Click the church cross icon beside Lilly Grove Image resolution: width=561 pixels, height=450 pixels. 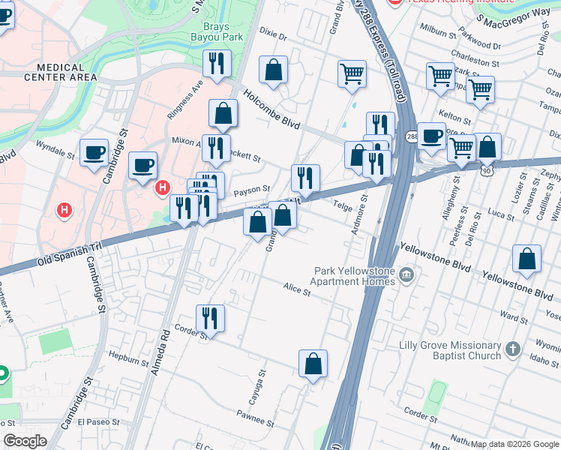click(x=512, y=349)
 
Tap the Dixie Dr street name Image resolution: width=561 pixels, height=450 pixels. click(x=273, y=35)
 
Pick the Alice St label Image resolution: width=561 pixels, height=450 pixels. click(x=297, y=289)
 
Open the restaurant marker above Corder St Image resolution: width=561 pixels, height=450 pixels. click(x=209, y=319)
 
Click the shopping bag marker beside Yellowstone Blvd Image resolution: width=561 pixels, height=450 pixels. click(x=527, y=259)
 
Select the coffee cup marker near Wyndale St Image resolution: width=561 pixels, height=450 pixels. click(x=94, y=153)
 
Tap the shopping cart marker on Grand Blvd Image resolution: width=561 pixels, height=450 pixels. click(x=352, y=74)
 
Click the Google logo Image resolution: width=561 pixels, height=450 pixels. click(x=25, y=441)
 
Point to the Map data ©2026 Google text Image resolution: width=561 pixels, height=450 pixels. click(x=514, y=444)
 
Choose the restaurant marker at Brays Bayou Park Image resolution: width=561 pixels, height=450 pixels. click(x=217, y=64)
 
